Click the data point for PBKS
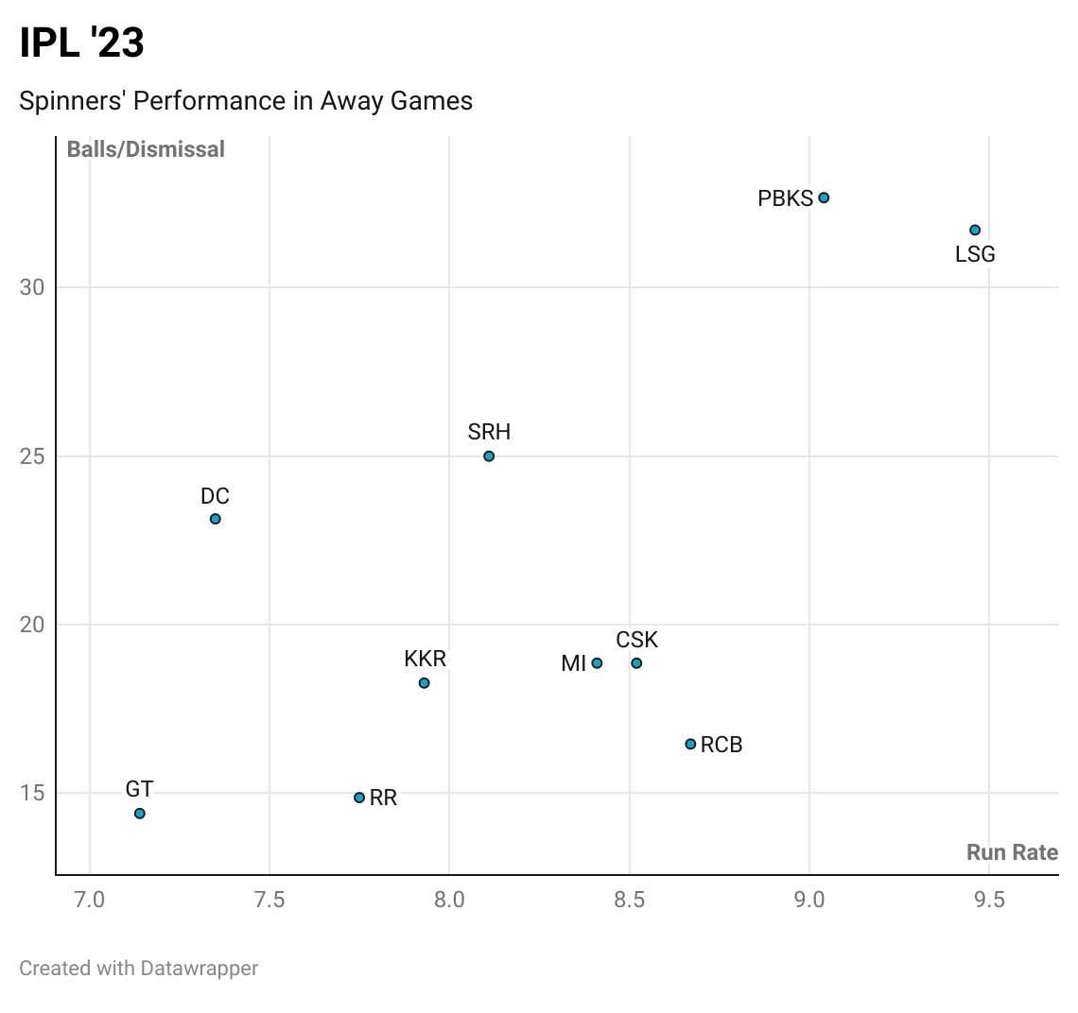point(824,197)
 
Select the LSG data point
point(975,231)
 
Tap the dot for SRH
point(489,456)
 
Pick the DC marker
point(216,519)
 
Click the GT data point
point(140,814)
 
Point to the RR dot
point(359,798)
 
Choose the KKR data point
point(425,683)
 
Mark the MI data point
point(597,663)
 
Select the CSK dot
point(636,663)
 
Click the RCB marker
point(690,745)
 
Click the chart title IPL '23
point(82,43)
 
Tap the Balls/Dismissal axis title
point(146,149)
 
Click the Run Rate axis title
point(1012,852)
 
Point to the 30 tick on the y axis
point(32,287)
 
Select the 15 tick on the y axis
point(32,793)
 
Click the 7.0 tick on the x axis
point(90,900)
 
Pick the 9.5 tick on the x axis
point(989,900)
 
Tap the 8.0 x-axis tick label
point(449,900)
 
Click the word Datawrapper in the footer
point(200,969)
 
